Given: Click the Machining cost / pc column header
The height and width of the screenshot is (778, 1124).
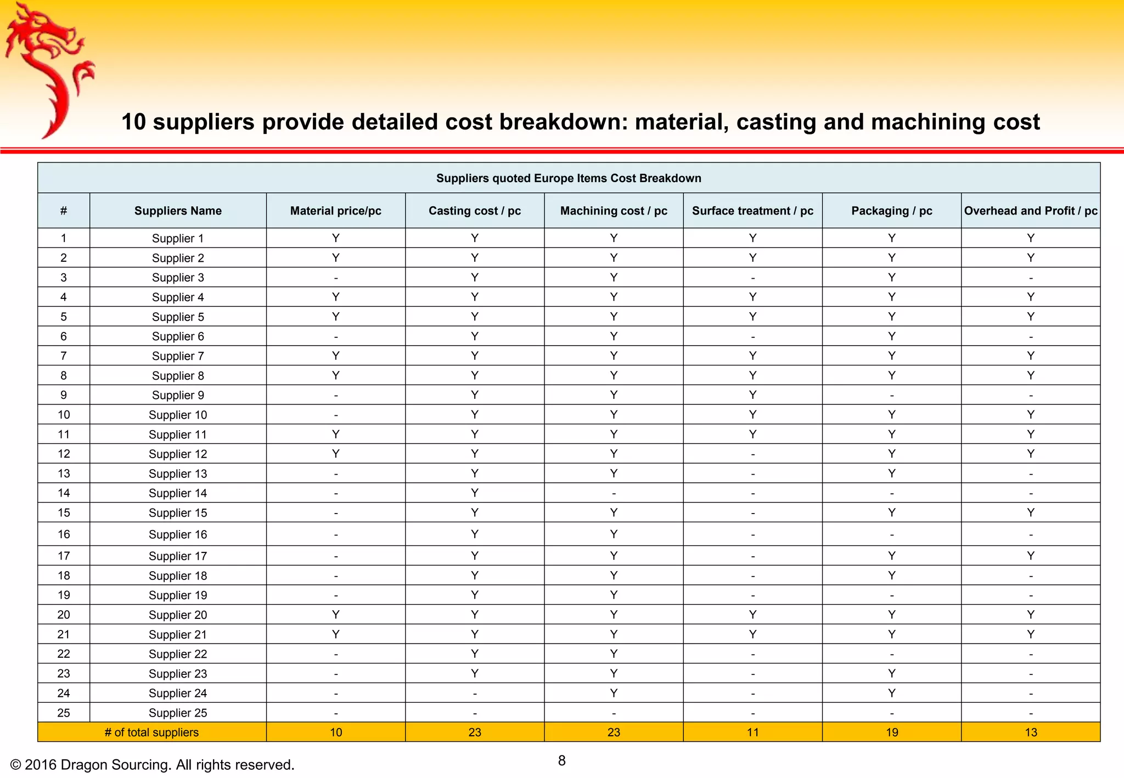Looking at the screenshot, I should [x=614, y=211].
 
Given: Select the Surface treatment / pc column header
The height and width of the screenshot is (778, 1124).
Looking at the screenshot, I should [x=752, y=211].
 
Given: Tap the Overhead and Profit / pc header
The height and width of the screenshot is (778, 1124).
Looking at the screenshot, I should [x=1030, y=211].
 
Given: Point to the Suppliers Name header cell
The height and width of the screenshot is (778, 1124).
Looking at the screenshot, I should [x=178, y=211].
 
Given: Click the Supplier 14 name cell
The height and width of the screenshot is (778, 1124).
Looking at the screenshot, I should [x=178, y=493].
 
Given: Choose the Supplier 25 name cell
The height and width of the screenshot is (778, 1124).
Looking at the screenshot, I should [x=178, y=713].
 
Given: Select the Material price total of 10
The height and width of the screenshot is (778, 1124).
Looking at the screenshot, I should [x=336, y=732].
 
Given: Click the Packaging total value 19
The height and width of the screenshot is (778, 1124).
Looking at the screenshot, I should [x=892, y=732].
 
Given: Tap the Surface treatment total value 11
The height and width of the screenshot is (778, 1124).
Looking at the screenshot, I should [x=752, y=732].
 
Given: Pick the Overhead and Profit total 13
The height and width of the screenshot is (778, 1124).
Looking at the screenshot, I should [x=1031, y=732].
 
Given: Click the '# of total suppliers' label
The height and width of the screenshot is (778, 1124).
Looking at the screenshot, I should [x=151, y=732].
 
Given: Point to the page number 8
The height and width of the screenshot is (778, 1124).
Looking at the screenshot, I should [x=561, y=760].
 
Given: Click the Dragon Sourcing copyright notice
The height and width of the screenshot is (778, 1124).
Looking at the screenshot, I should [x=152, y=765].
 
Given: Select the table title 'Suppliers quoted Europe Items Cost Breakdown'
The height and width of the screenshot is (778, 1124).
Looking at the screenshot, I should [x=569, y=178].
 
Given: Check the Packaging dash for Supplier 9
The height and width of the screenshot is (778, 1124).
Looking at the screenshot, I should [x=892, y=396].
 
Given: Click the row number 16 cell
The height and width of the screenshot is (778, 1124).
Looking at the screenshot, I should [x=64, y=534].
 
